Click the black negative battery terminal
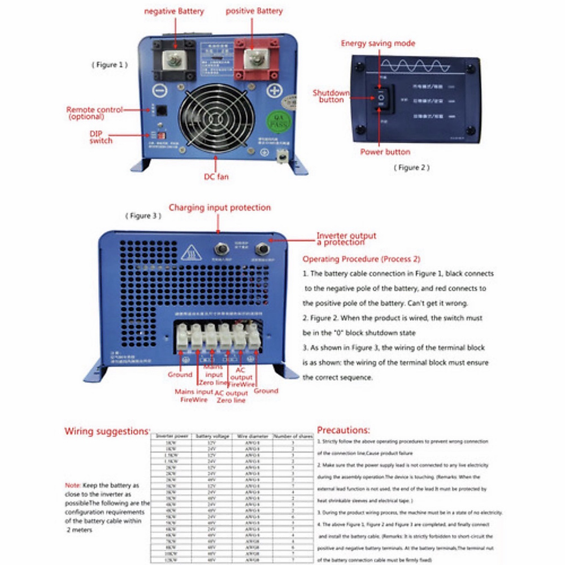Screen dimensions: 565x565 tap(175, 59)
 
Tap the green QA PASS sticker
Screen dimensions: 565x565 tap(277, 121)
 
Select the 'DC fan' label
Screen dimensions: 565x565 tap(216, 177)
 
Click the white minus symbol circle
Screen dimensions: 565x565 tap(160, 90)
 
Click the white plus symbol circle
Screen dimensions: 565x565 tap(274, 90)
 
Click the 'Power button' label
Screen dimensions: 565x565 tap(385, 152)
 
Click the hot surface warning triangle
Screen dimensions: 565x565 tap(190, 253)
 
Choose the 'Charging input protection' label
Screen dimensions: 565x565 tap(220, 208)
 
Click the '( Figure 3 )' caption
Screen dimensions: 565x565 tap(143, 216)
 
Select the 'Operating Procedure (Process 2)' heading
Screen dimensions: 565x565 tap(362, 259)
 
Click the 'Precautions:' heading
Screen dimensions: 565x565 tap(344, 430)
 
